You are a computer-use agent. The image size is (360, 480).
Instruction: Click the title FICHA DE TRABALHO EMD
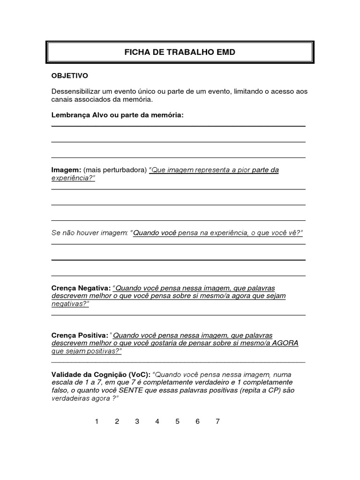[180, 52]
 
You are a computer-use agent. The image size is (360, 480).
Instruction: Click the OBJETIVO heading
[69, 75]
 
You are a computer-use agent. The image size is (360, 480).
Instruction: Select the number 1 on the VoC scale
[97, 421]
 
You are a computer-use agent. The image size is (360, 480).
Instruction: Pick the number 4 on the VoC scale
[157, 421]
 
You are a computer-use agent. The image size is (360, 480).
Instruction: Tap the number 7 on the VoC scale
[217, 421]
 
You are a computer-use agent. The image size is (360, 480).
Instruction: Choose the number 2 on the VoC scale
[117, 421]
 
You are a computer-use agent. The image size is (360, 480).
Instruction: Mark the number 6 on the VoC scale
[197, 421]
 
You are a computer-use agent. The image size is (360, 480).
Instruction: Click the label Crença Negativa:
[81, 288]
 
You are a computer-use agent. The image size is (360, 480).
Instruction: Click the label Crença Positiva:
[80, 335]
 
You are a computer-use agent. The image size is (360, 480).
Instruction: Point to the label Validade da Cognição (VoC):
[101, 374]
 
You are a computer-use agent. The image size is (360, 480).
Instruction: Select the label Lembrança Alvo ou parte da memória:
[117, 115]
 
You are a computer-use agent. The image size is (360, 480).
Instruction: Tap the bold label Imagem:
[66, 170]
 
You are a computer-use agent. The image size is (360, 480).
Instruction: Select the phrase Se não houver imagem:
[90, 233]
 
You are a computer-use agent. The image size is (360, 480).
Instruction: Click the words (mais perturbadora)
[115, 170]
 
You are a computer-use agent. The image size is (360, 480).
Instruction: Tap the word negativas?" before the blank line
[70, 304]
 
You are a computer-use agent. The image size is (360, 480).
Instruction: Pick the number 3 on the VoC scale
[137, 421]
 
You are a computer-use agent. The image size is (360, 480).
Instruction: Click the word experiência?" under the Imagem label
[73, 178]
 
